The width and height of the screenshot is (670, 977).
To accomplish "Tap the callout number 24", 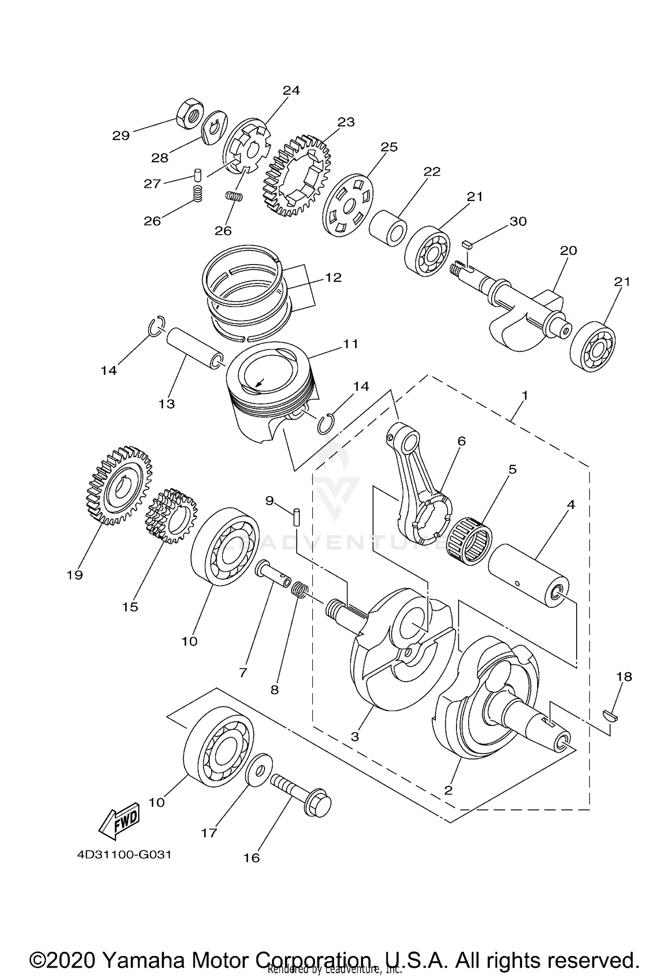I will pyautogui.click(x=291, y=90).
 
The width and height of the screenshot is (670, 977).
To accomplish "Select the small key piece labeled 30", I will pyautogui.click(x=467, y=244).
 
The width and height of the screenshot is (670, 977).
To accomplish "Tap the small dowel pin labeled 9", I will pyautogui.click(x=296, y=518).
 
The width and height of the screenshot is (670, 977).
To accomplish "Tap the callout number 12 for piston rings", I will pyautogui.click(x=333, y=277).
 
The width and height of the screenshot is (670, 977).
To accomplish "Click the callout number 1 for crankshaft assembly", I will pyautogui.click(x=525, y=395).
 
